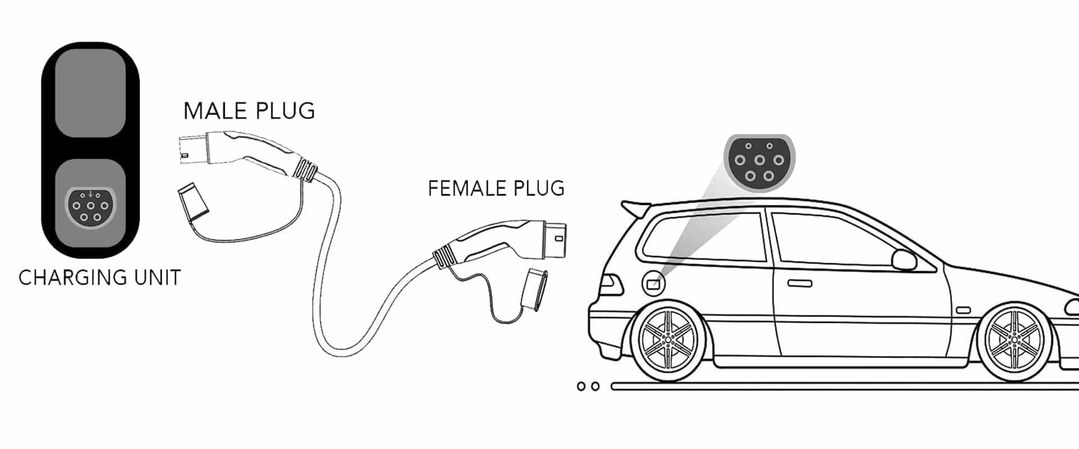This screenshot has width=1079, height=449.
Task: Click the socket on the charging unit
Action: pyautogui.click(x=90, y=207)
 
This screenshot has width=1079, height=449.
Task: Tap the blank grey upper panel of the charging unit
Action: pyautogui.click(x=90, y=93)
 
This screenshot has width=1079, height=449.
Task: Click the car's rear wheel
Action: pyautogui.click(x=668, y=341)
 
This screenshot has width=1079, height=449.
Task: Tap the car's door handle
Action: pyautogui.click(x=799, y=283)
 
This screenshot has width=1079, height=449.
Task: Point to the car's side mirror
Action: pyautogui.click(x=904, y=260)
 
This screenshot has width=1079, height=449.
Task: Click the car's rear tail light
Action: pyautogui.click(x=611, y=285)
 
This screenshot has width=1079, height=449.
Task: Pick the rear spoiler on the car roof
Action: pyautogui.click(x=635, y=208)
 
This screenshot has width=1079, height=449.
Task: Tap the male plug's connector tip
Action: pyautogui.click(x=189, y=150)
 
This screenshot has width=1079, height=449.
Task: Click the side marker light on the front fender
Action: pyautogui.click(x=963, y=310)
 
